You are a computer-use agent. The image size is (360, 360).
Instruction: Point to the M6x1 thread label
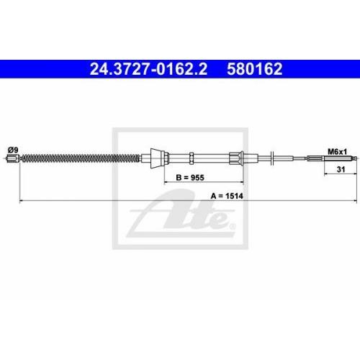click(337, 152)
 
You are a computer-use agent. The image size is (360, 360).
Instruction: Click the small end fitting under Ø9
click(11, 158)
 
